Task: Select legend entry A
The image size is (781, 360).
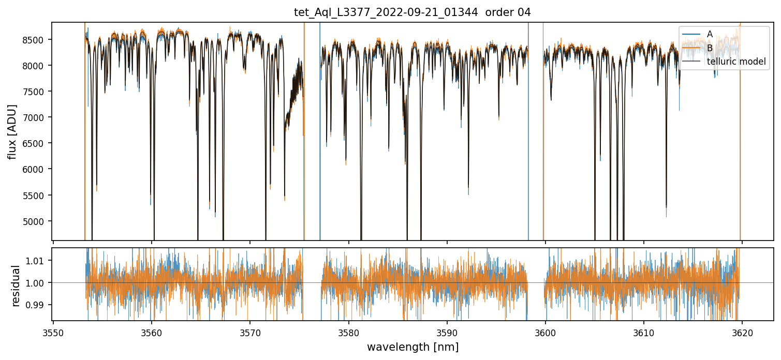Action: tap(710, 34)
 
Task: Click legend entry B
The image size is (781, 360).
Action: tap(710, 48)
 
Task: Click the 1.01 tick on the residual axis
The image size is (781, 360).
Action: tap(39, 260)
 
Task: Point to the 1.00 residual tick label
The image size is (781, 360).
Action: tap(39, 282)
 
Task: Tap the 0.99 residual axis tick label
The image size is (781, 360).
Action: tap(39, 305)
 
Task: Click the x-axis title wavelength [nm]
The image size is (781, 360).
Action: tap(412, 347)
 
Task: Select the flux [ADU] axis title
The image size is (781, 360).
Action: tap(12, 131)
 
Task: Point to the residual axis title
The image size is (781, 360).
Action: tap(16, 286)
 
